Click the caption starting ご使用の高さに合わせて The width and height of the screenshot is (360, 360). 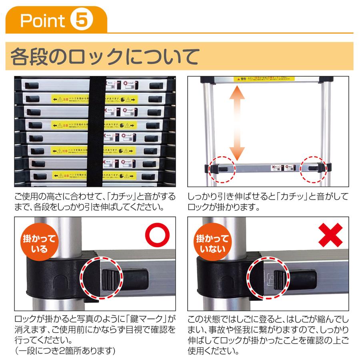94,202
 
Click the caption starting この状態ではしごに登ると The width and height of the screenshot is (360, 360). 267,336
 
